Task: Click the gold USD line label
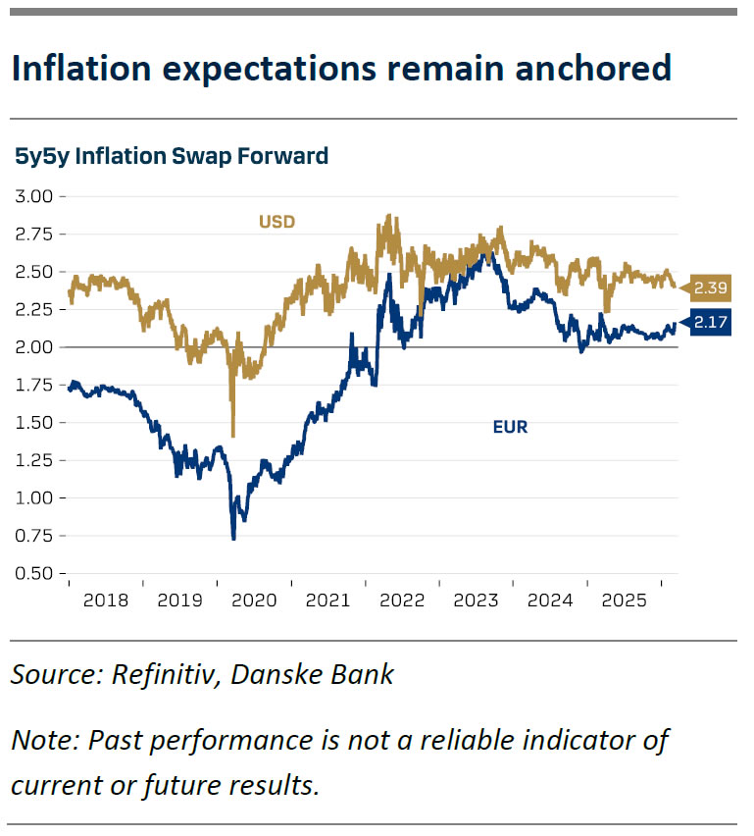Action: click(276, 222)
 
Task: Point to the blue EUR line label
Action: click(510, 427)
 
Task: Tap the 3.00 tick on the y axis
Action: click(35, 196)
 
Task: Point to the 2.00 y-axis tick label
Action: click(35, 347)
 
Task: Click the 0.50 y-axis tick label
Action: click(35, 574)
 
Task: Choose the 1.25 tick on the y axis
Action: click(35, 461)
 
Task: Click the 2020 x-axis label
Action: click(253, 598)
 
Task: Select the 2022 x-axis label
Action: click(402, 598)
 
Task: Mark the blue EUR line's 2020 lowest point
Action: click(233, 538)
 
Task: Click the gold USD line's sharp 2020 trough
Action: click(232, 435)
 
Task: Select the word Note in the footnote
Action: click(43, 741)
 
